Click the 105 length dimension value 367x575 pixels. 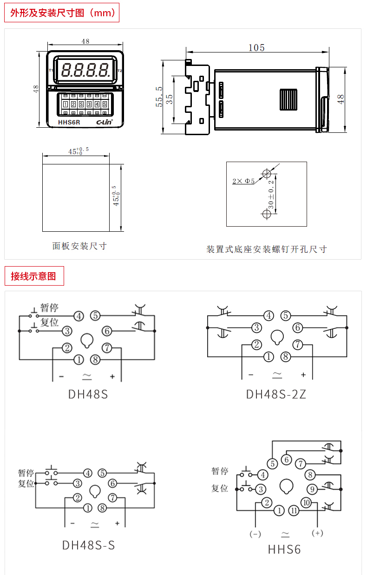tap(256, 48)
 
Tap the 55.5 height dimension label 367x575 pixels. tap(159, 97)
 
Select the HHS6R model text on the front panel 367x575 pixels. tap(69, 122)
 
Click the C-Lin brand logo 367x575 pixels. tap(105, 122)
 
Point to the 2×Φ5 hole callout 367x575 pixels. tap(243, 181)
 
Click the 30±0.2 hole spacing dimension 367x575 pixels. tap(271, 194)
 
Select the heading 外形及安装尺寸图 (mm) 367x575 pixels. tap(62, 13)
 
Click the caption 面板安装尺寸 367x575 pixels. tap(79, 246)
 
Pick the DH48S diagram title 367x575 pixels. tap(88, 394)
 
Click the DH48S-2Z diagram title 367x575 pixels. tap(276, 394)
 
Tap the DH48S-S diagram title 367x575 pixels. tap(88, 545)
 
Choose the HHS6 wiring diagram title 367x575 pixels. tap(284, 549)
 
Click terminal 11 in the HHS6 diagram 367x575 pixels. tap(294, 510)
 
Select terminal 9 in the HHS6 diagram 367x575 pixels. tap(312, 489)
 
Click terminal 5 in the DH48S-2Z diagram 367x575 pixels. tap(286, 315)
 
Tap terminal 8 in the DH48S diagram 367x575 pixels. tap(95, 359)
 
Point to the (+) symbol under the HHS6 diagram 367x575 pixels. tap(317, 533)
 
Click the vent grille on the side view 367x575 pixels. tap(288, 99)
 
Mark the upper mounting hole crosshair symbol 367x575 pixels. tap(267, 174)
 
